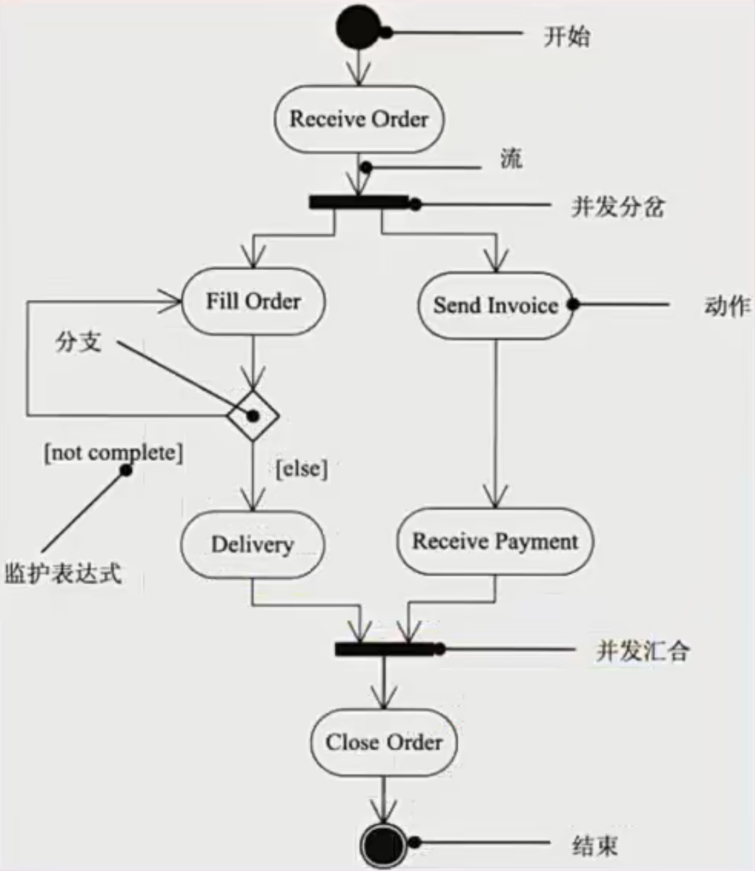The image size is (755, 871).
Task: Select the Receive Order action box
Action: coord(358,119)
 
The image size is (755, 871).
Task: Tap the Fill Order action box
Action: coord(253,301)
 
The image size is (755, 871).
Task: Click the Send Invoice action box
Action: coord(495,305)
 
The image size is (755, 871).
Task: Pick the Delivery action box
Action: coord(252,544)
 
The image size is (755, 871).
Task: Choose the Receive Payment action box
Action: coord(494,541)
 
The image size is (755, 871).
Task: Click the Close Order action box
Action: coord(384,742)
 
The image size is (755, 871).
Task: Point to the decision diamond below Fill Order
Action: coord(253,415)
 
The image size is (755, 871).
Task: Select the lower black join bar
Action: coord(385,649)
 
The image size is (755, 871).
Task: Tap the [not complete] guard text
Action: coord(113,452)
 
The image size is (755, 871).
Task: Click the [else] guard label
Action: coord(301,468)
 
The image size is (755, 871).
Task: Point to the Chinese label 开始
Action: coord(566,36)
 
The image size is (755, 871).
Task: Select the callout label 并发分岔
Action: coord(618,207)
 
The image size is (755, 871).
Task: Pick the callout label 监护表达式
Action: coord(63,573)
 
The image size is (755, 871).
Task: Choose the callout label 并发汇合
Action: coord(643,651)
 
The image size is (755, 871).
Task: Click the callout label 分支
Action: coord(78,341)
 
